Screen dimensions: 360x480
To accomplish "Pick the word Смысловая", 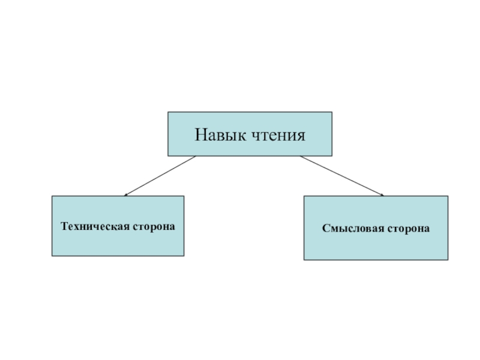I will point(351,229).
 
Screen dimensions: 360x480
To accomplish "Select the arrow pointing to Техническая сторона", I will point(160,176).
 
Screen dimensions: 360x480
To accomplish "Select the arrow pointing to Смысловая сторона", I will point(342,176).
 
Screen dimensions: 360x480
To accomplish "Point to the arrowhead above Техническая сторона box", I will point(125,194).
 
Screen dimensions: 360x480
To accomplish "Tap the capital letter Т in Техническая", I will point(64,226).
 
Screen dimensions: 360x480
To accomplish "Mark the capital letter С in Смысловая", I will point(325,229).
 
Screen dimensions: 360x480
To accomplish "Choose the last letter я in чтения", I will point(301,136).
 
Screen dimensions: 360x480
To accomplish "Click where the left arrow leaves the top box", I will point(196,157).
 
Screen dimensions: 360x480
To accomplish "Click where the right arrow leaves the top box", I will point(300,157).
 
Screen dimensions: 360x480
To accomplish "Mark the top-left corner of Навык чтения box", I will point(168,112).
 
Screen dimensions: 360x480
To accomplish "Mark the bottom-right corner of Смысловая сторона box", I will point(448,259).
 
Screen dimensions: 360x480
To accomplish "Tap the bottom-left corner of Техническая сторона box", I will point(52,256).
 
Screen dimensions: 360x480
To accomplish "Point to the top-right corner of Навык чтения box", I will point(332,112).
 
